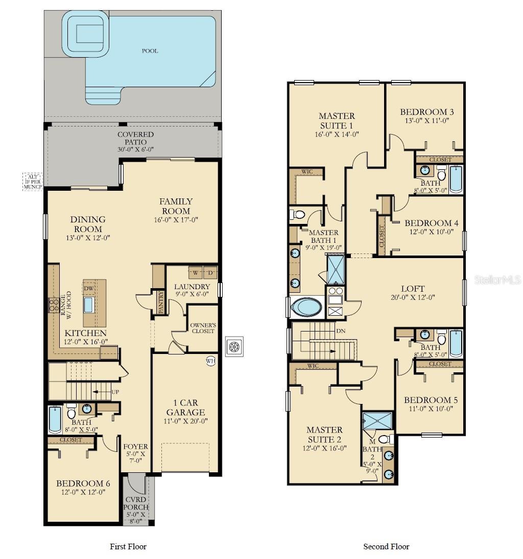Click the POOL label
pyautogui.click(x=150, y=51)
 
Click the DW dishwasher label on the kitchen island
pyautogui.click(x=88, y=288)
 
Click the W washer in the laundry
pyautogui.click(x=196, y=272)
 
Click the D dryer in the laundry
pyautogui.click(x=210, y=272)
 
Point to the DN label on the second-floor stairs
pyautogui.click(x=341, y=331)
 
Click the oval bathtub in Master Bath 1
pyautogui.click(x=306, y=308)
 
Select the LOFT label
pyautogui.click(x=413, y=289)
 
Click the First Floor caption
pyautogui.click(x=128, y=546)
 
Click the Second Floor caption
pyautogui.click(x=386, y=546)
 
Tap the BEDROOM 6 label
pyautogui.click(x=83, y=483)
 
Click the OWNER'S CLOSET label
pyautogui.click(x=203, y=328)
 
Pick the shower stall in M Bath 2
pyautogui.click(x=377, y=422)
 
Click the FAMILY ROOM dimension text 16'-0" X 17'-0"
pyautogui.click(x=175, y=220)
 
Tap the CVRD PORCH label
pyautogui.click(x=136, y=503)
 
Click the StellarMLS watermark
pyautogui.click(x=497, y=280)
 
